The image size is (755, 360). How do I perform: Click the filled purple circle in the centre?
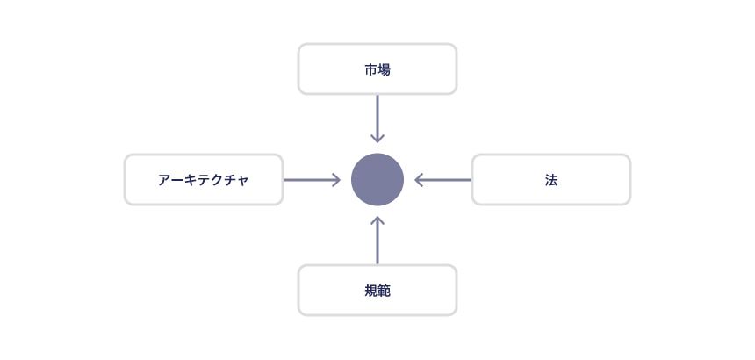tap(377, 179)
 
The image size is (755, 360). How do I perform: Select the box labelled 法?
tap(550, 179)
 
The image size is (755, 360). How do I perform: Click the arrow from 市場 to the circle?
tap(377, 119)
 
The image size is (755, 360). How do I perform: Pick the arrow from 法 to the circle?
tap(442, 180)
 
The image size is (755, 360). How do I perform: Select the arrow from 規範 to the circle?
tap(377, 241)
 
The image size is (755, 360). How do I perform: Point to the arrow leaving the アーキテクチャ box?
tap(312, 180)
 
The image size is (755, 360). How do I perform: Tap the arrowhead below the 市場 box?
tap(377, 138)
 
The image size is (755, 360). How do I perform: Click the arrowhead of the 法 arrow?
tap(419, 180)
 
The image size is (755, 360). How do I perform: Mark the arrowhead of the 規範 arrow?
tap(377, 221)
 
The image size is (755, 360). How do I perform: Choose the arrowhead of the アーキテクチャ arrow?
tap(336, 180)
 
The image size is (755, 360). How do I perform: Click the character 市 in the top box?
tap(371, 69)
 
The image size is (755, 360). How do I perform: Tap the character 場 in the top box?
tap(385, 69)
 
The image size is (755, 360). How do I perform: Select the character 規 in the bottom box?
tap(371, 292)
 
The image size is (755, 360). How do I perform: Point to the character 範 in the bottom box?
tap(385, 292)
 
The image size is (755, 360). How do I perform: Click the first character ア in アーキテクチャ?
tap(165, 180)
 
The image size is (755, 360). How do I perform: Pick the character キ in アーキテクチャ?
tap(191, 180)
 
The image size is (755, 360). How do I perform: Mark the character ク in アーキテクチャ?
tap(217, 180)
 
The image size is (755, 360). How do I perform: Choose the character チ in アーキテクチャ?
tap(230, 180)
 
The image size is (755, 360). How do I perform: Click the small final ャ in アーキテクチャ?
tap(242, 181)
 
